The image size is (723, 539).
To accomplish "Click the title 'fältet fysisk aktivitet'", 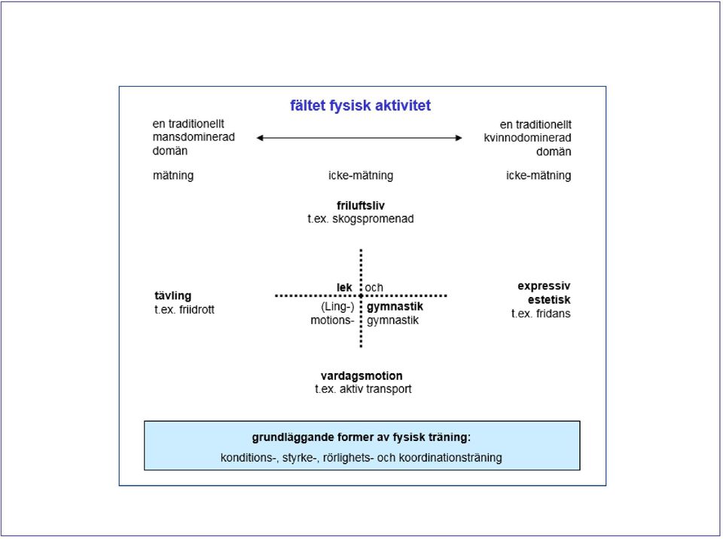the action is (x=360, y=106).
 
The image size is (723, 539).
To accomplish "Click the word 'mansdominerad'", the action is (x=194, y=137).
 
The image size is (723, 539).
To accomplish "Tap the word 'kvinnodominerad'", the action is (x=527, y=138).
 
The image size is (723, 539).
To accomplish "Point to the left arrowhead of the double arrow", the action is (x=260, y=137).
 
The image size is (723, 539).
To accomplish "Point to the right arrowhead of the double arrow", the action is (x=459, y=137).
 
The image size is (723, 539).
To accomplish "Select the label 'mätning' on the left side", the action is (x=173, y=176).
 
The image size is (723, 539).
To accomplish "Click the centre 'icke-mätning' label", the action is (x=361, y=176).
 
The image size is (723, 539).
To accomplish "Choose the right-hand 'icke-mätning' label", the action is (x=538, y=176).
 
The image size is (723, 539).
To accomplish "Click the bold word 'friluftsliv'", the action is (x=361, y=205).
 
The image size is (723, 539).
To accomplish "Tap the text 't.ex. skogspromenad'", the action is (x=361, y=219).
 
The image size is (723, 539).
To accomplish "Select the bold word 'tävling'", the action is (x=173, y=296).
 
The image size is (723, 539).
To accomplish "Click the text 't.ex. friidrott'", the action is (x=185, y=310).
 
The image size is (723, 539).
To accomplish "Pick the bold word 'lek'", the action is (x=344, y=287).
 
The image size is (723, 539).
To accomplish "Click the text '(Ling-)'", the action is (x=337, y=307).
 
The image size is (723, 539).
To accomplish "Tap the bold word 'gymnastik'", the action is (x=395, y=306).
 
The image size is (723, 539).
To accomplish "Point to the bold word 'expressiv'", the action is (x=544, y=286).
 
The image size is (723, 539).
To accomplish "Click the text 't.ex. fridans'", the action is (x=541, y=314).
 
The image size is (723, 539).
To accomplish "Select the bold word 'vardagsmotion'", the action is (x=361, y=375).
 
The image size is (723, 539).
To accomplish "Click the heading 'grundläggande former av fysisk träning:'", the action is (x=361, y=437).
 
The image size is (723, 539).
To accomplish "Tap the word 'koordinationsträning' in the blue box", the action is (x=450, y=458).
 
